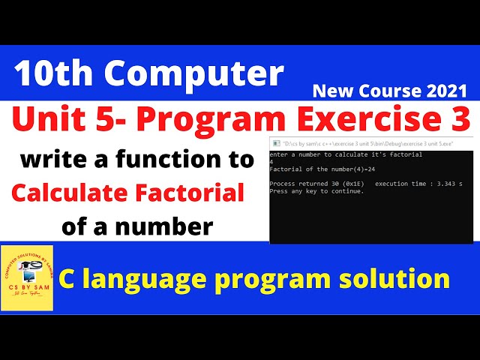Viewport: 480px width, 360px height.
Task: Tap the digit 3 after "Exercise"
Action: pyautogui.click(x=458, y=119)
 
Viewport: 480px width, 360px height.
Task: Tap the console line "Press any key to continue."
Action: pyautogui.click(x=316, y=190)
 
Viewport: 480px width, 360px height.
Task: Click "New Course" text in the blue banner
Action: pyautogui.click(x=355, y=91)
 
